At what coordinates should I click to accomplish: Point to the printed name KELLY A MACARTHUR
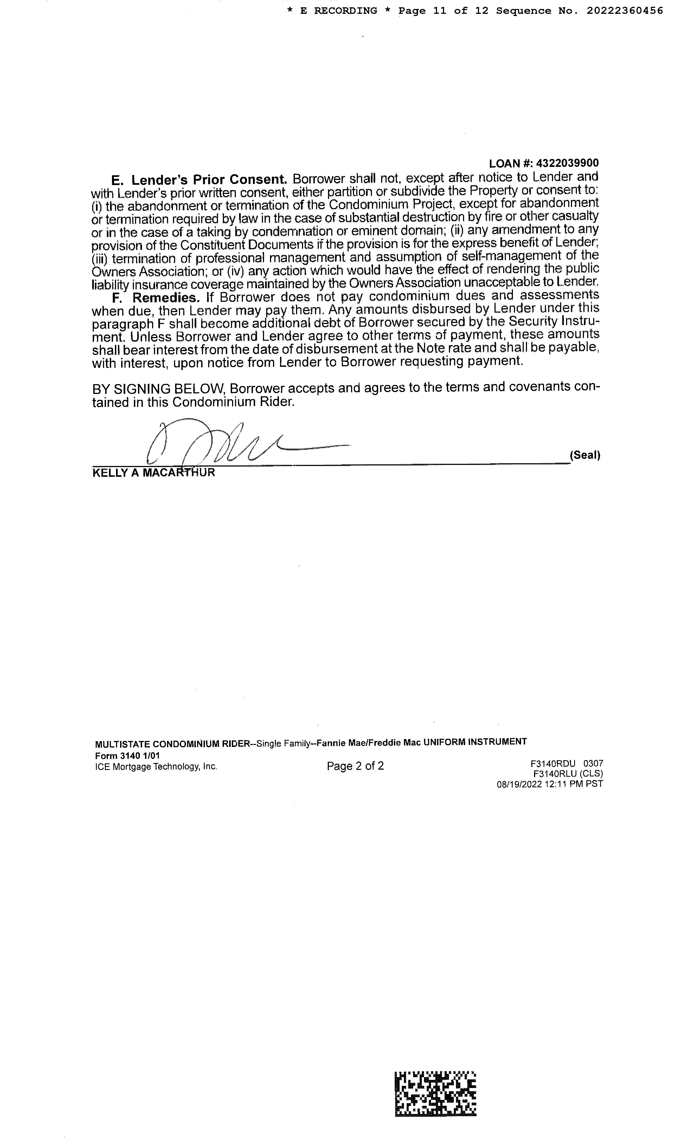click(154, 473)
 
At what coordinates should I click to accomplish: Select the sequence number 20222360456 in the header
click(625, 11)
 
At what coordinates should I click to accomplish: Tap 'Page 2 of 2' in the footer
click(355, 766)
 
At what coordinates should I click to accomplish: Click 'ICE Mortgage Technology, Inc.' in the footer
click(156, 766)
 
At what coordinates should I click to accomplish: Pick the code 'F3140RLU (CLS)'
click(568, 773)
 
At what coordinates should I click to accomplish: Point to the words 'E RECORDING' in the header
click(338, 11)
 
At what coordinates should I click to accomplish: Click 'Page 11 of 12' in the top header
click(443, 11)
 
